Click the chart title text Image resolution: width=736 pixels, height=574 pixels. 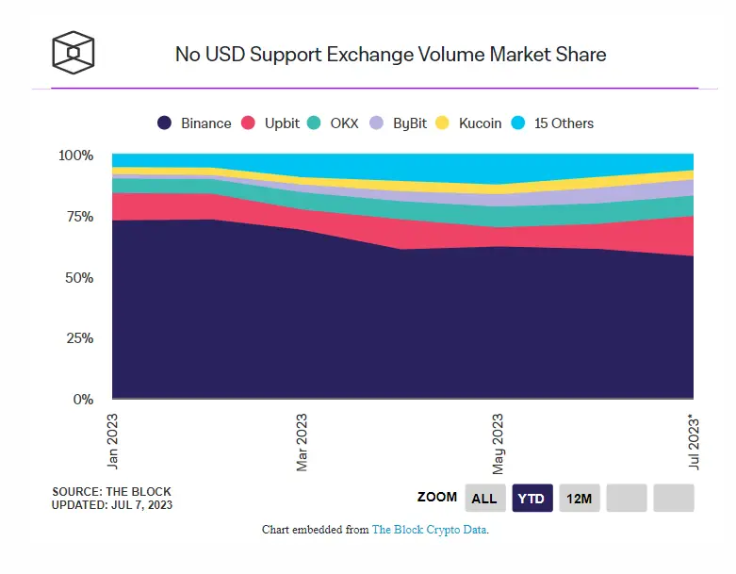click(x=390, y=54)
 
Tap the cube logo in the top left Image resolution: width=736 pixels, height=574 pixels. click(x=74, y=53)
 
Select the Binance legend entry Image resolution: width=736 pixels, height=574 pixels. click(x=194, y=123)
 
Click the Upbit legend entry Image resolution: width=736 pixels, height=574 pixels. click(x=273, y=123)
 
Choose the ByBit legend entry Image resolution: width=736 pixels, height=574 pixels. click(x=400, y=123)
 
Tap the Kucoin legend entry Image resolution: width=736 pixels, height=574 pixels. click(x=470, y=123)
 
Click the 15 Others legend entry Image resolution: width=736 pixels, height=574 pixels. click(x=552, y=123)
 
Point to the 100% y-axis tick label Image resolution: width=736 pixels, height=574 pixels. click(x=75, y=156)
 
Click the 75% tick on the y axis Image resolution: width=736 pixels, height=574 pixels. click(x=79, y=217)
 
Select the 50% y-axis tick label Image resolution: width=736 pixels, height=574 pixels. click(x=79, y=278)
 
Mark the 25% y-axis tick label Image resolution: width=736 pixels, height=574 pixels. click(x=79, y=338)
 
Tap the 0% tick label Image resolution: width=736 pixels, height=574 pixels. click(x=83, y=400)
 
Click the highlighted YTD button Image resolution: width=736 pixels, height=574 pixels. click(x=532, y=498)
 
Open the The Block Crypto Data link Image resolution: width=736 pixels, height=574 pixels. click(x=430, y=531)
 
